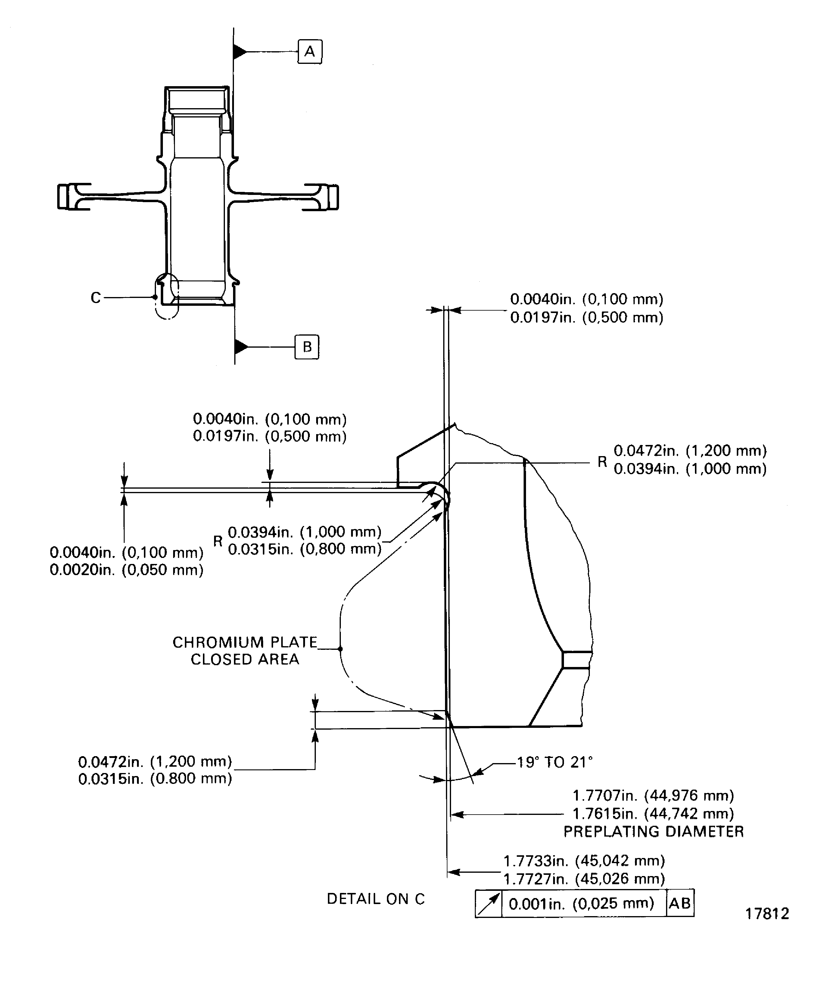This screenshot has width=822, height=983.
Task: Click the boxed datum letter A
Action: pos(310,52)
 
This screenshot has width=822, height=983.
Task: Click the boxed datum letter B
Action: pos(307,347)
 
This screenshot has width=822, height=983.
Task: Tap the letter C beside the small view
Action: pos(95,298)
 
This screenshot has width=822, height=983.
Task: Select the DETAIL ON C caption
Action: pos(376,899)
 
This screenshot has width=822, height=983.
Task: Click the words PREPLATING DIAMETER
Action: pos(654,831)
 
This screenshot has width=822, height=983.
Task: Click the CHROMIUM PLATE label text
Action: pos(245,642)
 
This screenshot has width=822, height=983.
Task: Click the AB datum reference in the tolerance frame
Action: pos(680,903)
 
